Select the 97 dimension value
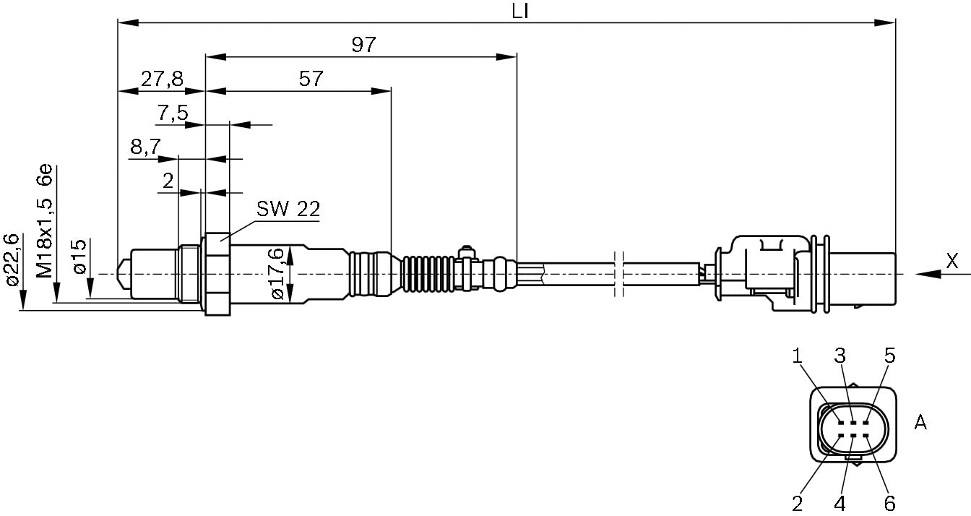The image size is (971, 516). point(363,45)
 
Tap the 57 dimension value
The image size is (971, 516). point(311,79)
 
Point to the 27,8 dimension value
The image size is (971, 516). point(161,79)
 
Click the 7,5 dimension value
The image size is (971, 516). point(172,113)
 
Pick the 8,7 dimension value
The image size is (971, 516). point(145,147)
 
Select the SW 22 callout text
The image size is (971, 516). point(288,210)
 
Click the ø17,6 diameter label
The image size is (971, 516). point(277,274)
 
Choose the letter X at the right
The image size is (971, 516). point(952,262)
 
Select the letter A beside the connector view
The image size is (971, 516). point(920,422)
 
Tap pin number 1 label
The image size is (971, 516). point(798,355)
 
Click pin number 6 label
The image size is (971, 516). point(889,502)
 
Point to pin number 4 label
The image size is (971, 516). point(840,502)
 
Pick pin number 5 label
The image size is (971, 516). point(889,355)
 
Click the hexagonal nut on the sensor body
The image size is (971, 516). point(217,274)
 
